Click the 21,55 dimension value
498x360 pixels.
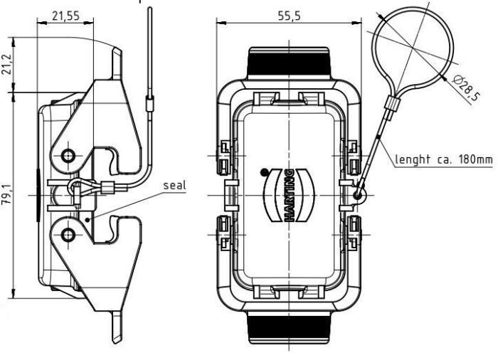click(x=65, y=16)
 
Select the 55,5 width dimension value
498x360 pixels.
click(x=289, y=16)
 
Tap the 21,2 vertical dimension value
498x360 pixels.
click(x=6, y=64)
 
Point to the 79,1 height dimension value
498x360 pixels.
click(x=6, y=194)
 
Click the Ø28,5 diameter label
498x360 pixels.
click(x=466, y=88)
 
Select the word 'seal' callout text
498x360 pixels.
click(x=174, y=185)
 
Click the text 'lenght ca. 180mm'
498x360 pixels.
click(x=444, y=159)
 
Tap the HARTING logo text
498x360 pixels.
click(x=290, y=196)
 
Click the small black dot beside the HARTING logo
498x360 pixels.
click(x=264, y=172)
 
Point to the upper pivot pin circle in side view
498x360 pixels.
click(x=68, y=156)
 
